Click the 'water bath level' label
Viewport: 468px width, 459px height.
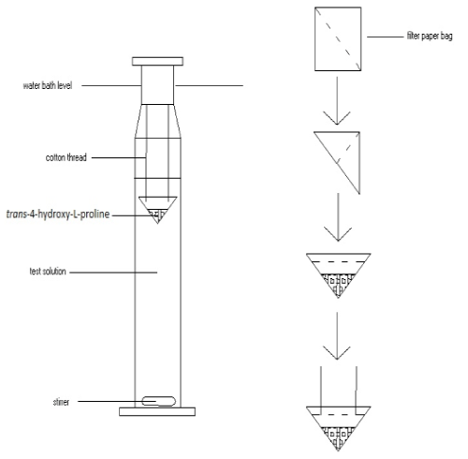(x=48, y=85)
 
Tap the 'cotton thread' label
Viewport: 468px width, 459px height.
(x=66, y=157)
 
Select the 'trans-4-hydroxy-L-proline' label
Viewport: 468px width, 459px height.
(x=58, y=215)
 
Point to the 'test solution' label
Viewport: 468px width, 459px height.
(x=48, y=271)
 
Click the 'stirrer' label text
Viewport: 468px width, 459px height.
(x=61, y=402)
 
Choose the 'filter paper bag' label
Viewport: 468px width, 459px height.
(x=430, y=37)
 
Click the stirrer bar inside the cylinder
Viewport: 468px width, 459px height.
(x=159, y=401)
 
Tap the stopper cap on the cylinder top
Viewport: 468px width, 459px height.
(x=157, y=61)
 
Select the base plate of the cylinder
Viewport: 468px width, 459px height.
(x=157, y=411)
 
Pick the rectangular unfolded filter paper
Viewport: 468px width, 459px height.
(x=338, y=39)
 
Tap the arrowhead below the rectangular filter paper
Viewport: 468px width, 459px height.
(x=337, y=119)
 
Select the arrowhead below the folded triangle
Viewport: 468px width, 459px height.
(x=338, y=234)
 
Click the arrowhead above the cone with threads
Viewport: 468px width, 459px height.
(x=337, y=353)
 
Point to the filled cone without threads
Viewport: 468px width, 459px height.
(x=338, y=272)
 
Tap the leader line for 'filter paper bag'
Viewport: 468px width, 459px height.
(x=386, y=37)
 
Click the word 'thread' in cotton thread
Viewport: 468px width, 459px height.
(x=77, y=157)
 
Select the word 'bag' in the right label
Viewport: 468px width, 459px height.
(x=446, y=37)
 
